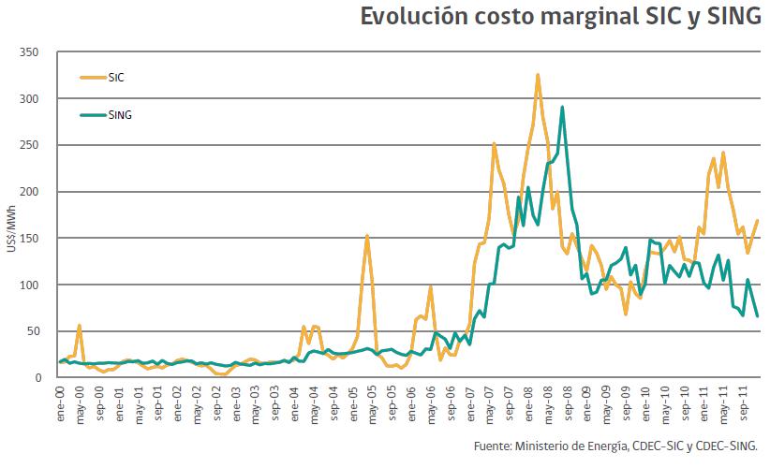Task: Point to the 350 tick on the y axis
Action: tap(38, 52)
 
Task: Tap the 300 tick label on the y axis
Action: tap(38, 99)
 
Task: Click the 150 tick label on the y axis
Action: tap(38, 238)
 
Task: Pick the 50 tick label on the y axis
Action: tap(41, 331)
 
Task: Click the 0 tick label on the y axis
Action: tap(45, 377)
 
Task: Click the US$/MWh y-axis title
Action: tap(10, 215)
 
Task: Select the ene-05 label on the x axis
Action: tap(352, 402)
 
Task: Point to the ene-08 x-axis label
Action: tap(526, 402)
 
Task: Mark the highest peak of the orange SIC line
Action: tap(538, 75)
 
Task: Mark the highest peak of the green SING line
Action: tap(562, 107)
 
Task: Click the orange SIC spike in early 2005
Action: tap(367, 236)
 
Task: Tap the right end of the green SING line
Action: tap(757, 315)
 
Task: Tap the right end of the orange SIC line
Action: tap(757, 221)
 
